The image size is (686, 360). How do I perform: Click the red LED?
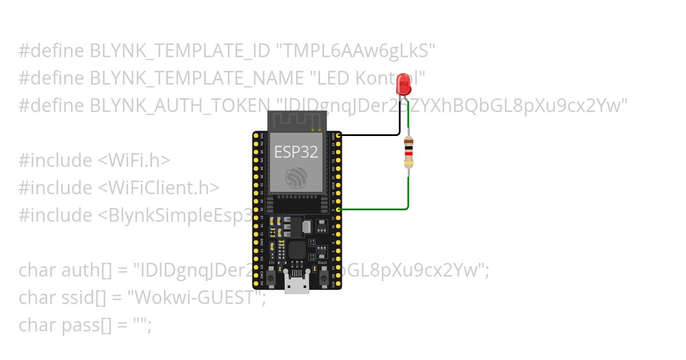click(x=404, y=85)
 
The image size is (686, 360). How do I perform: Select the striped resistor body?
click(x=408, y=152)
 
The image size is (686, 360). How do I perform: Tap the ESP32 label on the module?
click(x=296, y=151)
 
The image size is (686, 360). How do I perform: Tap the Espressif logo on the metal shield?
click(x=296, y=178)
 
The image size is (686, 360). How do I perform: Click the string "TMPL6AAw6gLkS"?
click(x=356, y=51)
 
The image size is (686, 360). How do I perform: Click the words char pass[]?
click(x=66, y=325)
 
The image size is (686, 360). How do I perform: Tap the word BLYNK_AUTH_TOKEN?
click(x=179, y=106)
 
